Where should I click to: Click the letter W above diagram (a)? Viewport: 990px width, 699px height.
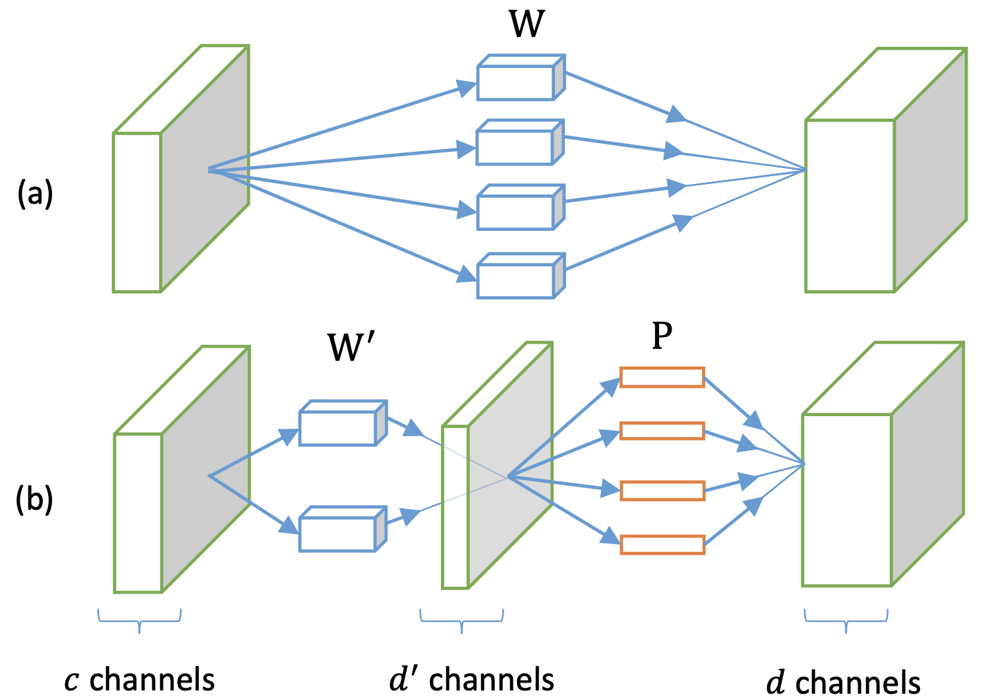(527, 24)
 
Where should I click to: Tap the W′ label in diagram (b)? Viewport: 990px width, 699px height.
(353, 347)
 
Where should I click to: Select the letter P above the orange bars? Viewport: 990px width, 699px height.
(662, 336)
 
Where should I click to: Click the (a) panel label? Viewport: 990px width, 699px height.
(35, 195)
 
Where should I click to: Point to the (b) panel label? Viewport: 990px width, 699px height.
(34, 499)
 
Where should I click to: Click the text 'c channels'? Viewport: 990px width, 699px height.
(140, 680)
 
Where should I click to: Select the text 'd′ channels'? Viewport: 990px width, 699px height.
(472, 680)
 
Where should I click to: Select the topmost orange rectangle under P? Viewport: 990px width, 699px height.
(662, 377)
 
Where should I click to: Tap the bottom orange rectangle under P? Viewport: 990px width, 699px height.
(662, 545)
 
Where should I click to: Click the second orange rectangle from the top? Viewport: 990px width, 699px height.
(662, 431)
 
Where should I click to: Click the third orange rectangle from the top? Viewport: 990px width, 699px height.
(662, 491)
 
